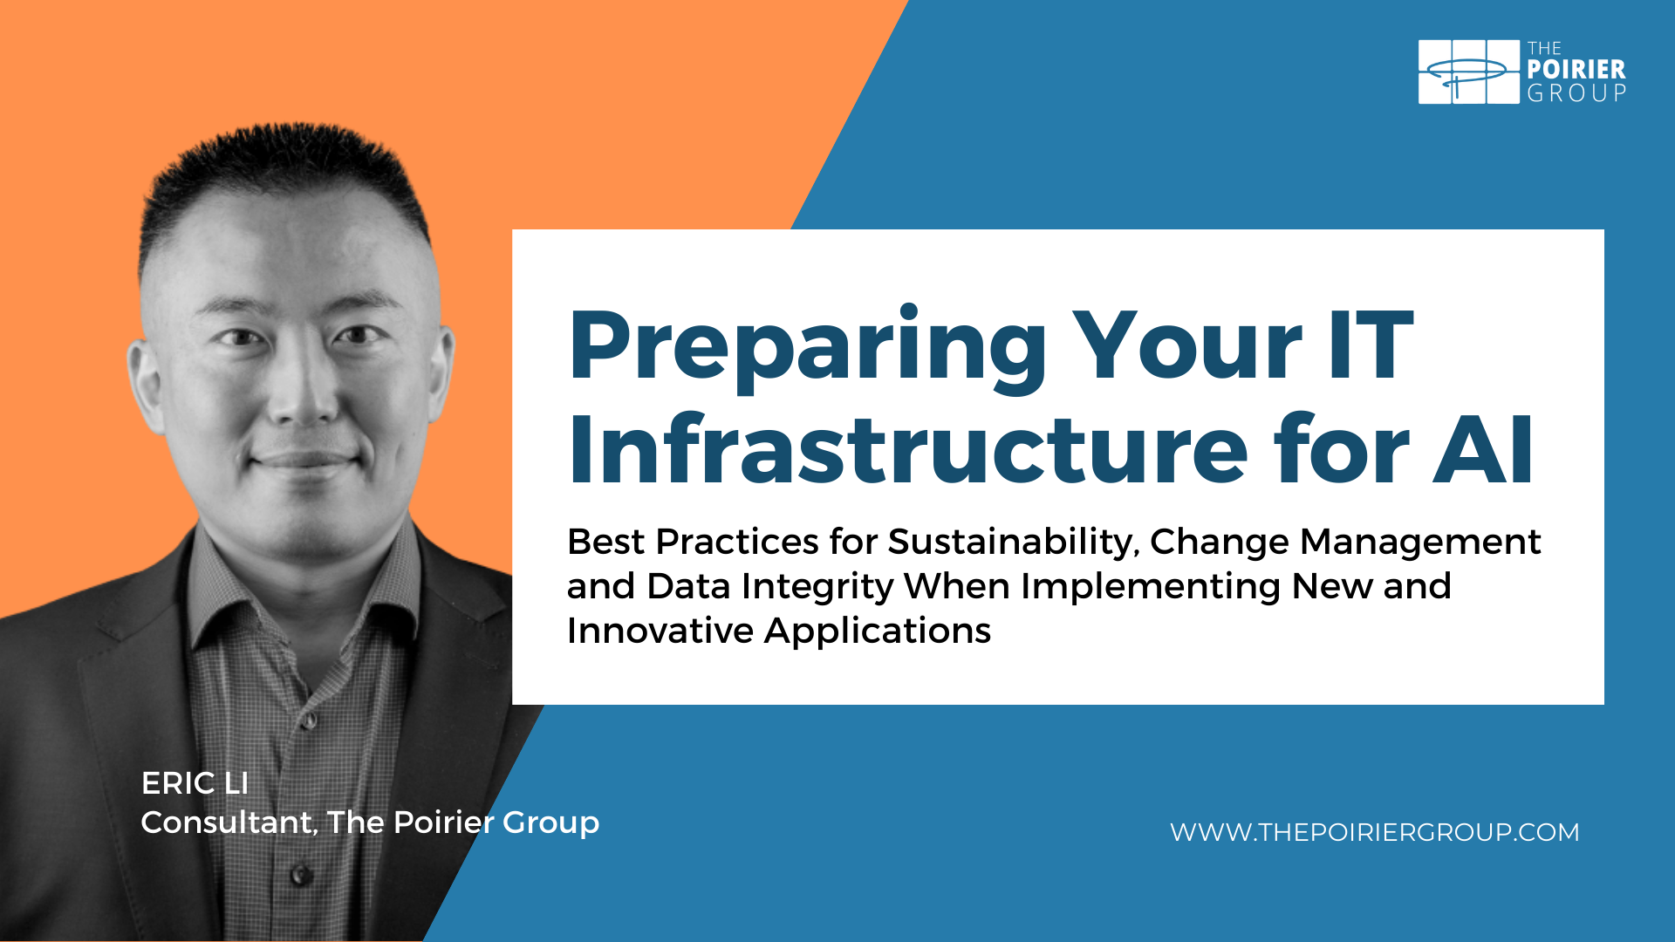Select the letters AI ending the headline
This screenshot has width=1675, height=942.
click(1482, 450)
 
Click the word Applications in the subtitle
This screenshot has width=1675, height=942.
click(878, 631)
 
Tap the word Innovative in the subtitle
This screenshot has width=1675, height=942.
click(660, 631)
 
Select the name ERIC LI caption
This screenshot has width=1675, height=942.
click(195, 783)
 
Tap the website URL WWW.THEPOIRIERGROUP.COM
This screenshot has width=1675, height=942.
click(1375, 832)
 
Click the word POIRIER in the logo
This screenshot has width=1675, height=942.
click(1576, 70)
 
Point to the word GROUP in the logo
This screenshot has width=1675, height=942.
click(1576, 93)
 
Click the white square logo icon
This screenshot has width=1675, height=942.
click(1469, 72)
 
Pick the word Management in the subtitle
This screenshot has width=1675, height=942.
click(1420, 543)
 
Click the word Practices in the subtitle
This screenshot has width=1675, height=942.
click(737, 543)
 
